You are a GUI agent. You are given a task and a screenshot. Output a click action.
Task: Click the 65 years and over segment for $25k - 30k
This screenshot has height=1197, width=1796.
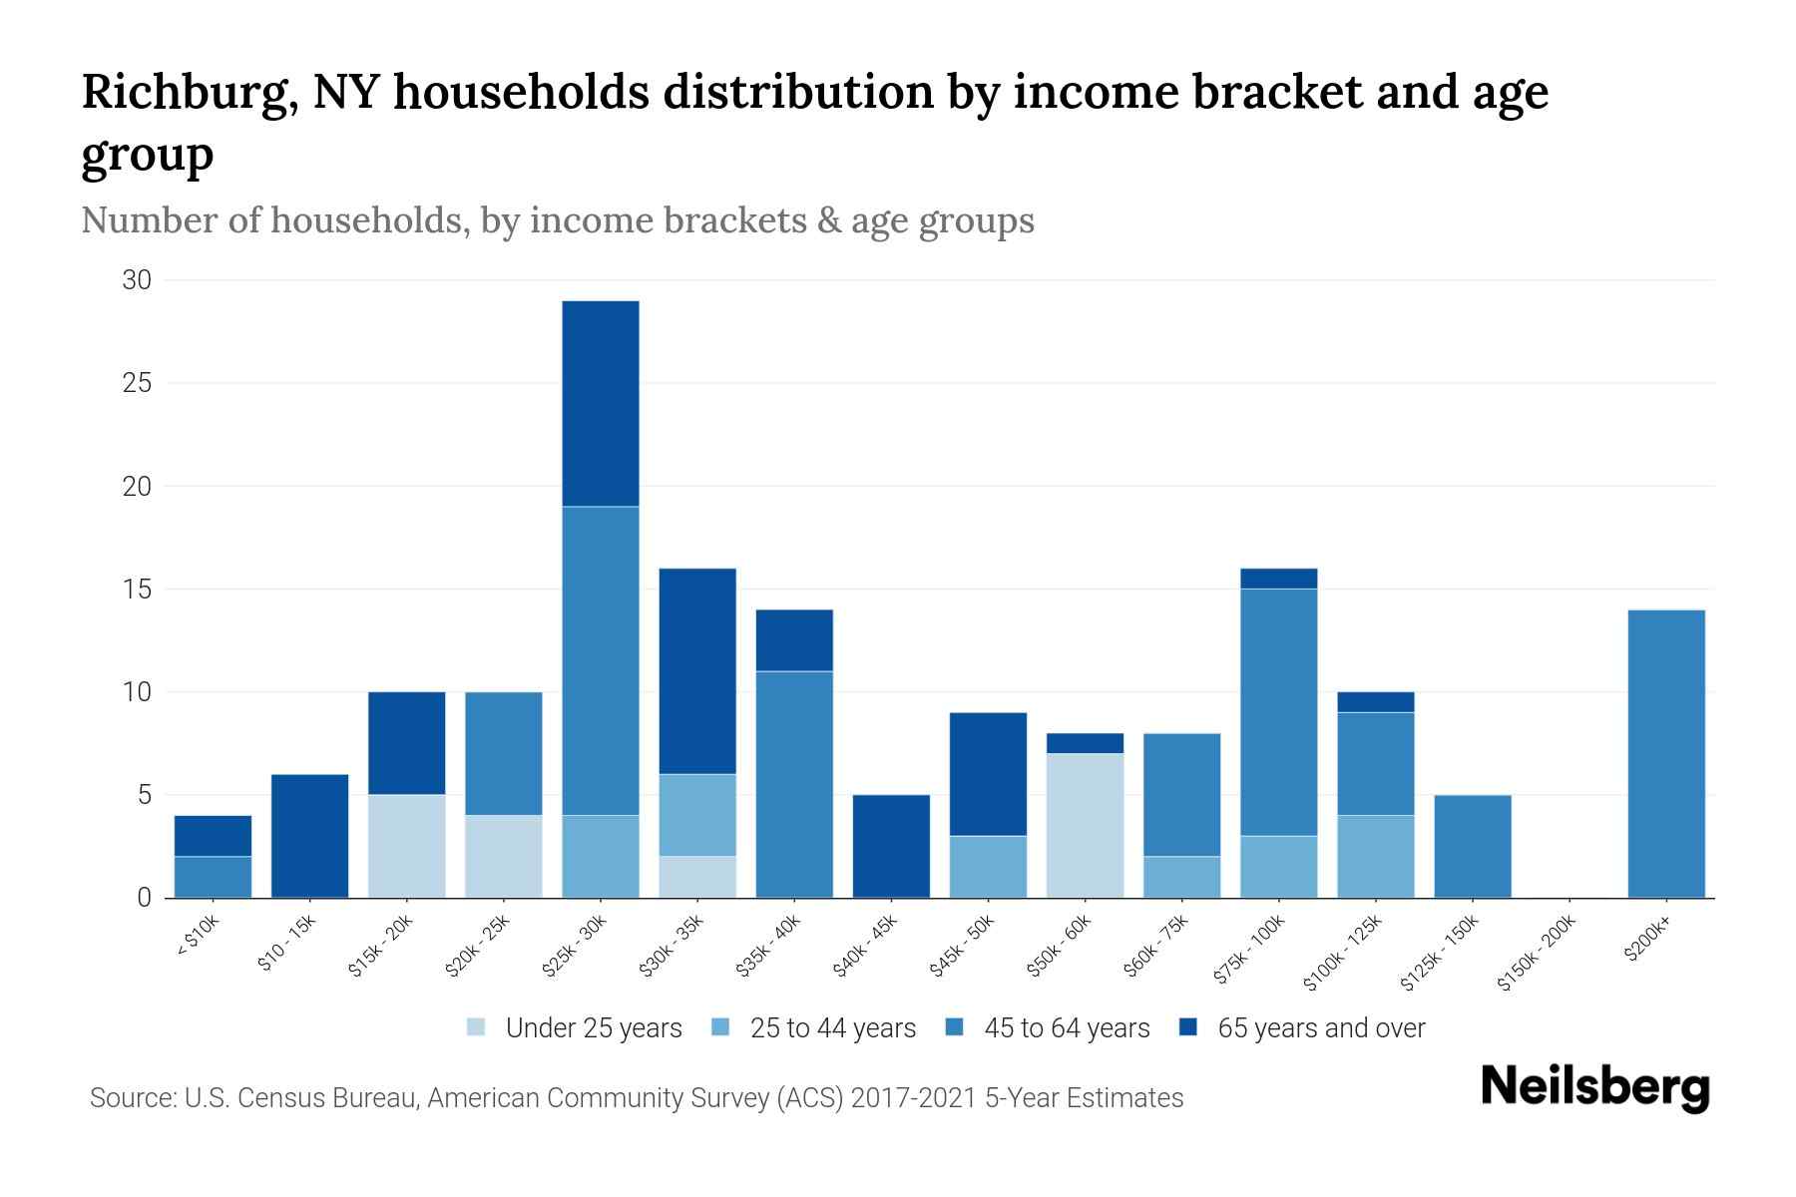(x=600, y=403)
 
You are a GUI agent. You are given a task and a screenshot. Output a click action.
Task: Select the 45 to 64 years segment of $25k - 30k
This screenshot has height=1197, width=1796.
(x=600, y=660)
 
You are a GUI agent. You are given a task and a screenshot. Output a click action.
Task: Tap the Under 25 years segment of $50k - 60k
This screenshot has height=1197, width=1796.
(x=1085, y=825)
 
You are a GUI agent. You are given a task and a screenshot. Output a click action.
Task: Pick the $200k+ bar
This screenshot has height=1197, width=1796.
(x=1665, y=753)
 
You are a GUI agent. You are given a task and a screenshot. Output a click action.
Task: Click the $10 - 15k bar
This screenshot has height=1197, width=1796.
(x=309, y=836)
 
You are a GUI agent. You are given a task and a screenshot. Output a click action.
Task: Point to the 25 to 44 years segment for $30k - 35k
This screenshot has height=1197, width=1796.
(x=696, y=815)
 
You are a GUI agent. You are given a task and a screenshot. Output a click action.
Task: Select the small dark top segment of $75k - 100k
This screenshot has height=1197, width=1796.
(x=1278, y=579)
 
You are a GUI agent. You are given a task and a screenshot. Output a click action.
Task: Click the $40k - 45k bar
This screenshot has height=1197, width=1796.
(x=891, y=846)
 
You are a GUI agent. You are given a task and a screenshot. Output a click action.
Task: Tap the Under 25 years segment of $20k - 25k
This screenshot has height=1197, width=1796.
(x=503, y=856)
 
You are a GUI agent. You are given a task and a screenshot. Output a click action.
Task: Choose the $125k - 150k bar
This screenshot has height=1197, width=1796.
(x=1472, y=846)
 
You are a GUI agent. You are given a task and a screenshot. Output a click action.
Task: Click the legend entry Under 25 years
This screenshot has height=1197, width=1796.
(x=593, y=1028)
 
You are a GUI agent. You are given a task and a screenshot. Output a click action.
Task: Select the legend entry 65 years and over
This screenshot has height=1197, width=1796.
(x=1320, y=1028)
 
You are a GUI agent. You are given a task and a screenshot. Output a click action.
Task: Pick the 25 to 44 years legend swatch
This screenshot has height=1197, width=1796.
(x=720, y=1027)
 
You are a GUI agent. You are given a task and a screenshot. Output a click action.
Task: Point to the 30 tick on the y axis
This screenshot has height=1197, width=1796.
(x=137, y=280)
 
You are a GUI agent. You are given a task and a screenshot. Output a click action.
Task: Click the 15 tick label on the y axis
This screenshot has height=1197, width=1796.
(x=137, y=590)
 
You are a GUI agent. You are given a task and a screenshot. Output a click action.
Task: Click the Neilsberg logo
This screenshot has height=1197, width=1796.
(x=1594, y=1087)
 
